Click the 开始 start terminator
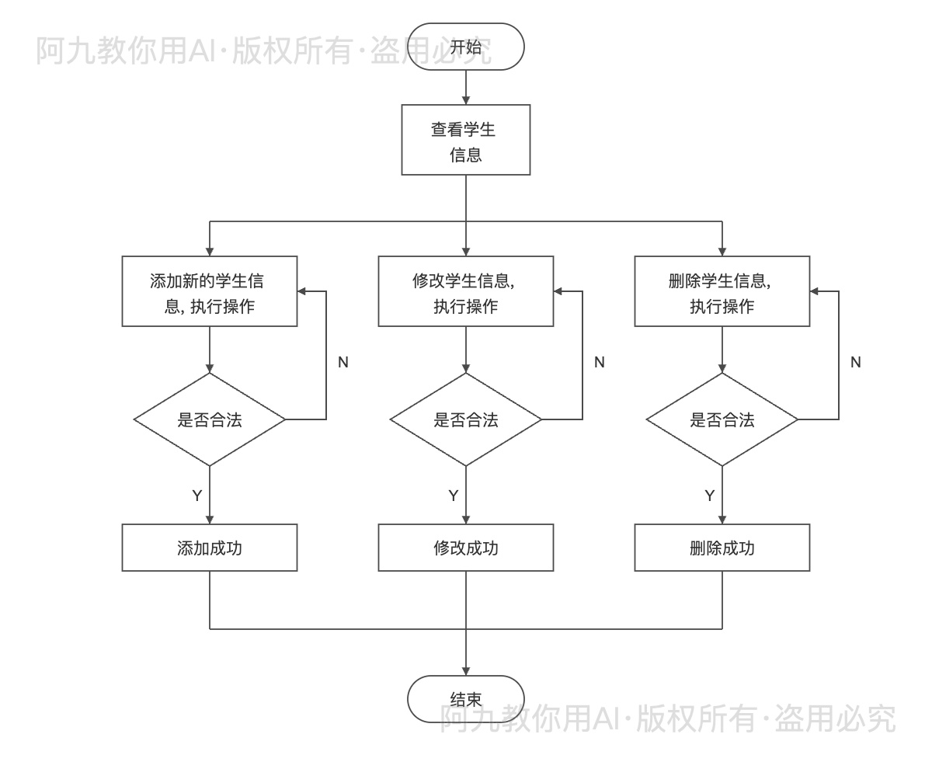click(466, 47)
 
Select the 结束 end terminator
click(466, 699)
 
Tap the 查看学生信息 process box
click(466, 140)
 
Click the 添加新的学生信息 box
click(210, 291)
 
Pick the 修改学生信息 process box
click(466, 291)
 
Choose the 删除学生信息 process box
click(722, 291)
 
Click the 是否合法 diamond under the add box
click(210, 419)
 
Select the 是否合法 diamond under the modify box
click(466, 419)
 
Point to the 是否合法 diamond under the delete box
click(722, 419)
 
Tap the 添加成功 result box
click(210, 548)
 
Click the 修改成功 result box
click(466, 548)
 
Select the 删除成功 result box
click(722, 548)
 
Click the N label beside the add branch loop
click(343, 362)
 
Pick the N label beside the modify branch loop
click(600, 362)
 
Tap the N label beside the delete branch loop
click(856, 362)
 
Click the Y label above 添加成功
click(197, 496)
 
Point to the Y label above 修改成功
click(454, 496)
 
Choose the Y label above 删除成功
click(710, 496)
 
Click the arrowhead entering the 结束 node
click(466, 671)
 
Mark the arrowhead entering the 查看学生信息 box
click(466, 100)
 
